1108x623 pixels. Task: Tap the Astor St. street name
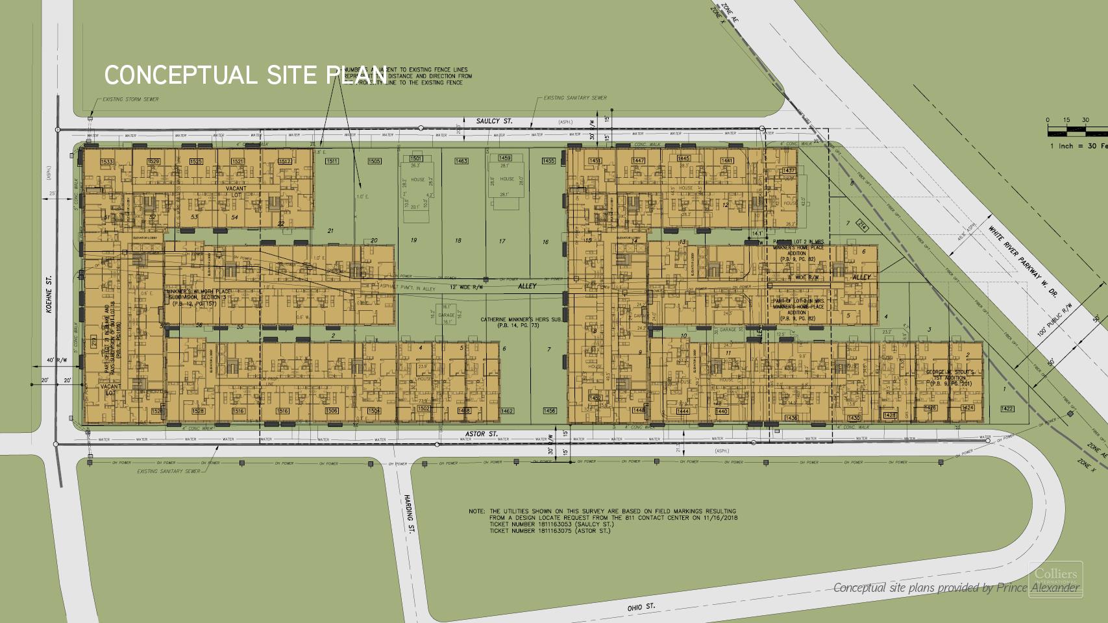[481, 434]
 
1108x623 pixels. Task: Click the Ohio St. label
[641, 605]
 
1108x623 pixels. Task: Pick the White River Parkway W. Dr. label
[1024, 261]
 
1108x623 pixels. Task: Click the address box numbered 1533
[107, 162]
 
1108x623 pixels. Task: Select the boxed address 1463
[462, 161]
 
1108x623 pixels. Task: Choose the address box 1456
[549, 411]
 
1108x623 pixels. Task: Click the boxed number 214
[862, 226]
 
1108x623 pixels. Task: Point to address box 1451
[595, 161]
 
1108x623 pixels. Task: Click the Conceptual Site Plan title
[245, 75]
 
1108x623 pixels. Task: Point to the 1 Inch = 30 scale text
[1077, 146]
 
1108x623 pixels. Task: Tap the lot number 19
[413, 241]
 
